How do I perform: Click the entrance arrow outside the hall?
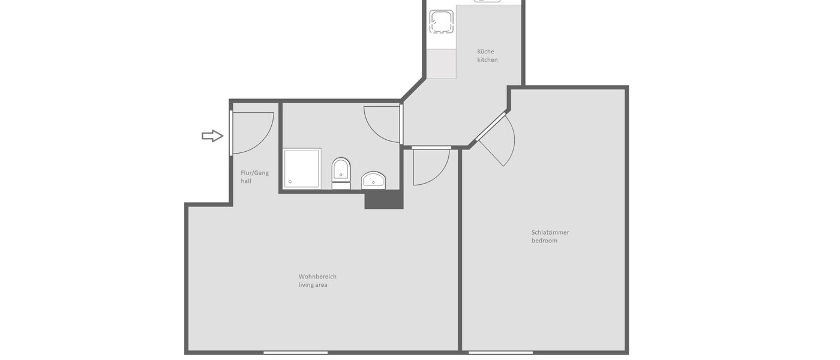coord(212,136)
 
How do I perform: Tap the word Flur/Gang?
coord(254,173)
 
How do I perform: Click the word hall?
coord(246,181)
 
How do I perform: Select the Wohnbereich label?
coord(317,277)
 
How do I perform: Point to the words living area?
coord(313,285)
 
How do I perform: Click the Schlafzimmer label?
coord(550,232)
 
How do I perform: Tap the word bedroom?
coord(544,241)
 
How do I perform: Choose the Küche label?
coord(485,52)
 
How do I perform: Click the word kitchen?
coord(487,60)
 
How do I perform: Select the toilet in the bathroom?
coord(341,172)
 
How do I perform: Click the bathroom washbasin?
coord(374,179)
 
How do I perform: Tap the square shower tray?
coord(302,168)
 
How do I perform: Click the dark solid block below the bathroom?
coord(383,199)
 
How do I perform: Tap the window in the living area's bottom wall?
coord(295,352)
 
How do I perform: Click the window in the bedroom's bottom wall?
coord(500,352)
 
